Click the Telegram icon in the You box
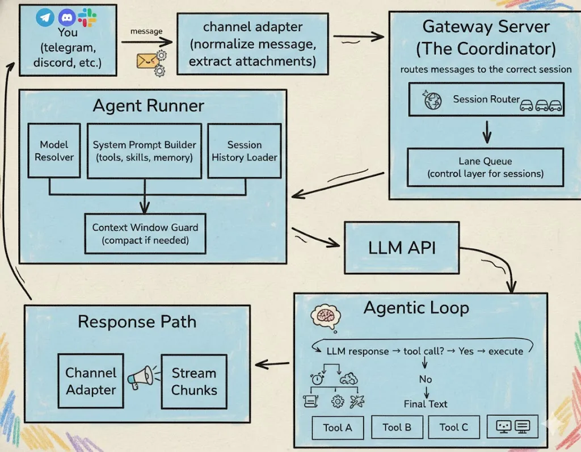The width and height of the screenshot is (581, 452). click(45, 18)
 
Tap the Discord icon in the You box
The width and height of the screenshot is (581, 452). click(67, 18)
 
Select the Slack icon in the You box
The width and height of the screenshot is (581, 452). click(87, 17)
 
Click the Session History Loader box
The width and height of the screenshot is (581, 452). click(245, 151)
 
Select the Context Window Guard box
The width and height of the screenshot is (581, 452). click(145, 233)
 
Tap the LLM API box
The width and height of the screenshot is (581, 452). click(402, 248)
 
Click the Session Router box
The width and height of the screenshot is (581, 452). click(486, 100)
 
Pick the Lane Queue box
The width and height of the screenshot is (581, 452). click(485, 168)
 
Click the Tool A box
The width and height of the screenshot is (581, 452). click(338, 428)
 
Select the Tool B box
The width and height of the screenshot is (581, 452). click(397, 427)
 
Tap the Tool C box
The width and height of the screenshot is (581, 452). click(453, 427)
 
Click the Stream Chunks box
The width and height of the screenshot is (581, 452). click(194, 382)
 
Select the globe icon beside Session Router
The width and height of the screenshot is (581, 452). click(433, 101)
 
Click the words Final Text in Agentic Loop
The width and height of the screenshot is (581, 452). click(426, 404)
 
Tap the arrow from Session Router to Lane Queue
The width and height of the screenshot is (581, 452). click(486, 132)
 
